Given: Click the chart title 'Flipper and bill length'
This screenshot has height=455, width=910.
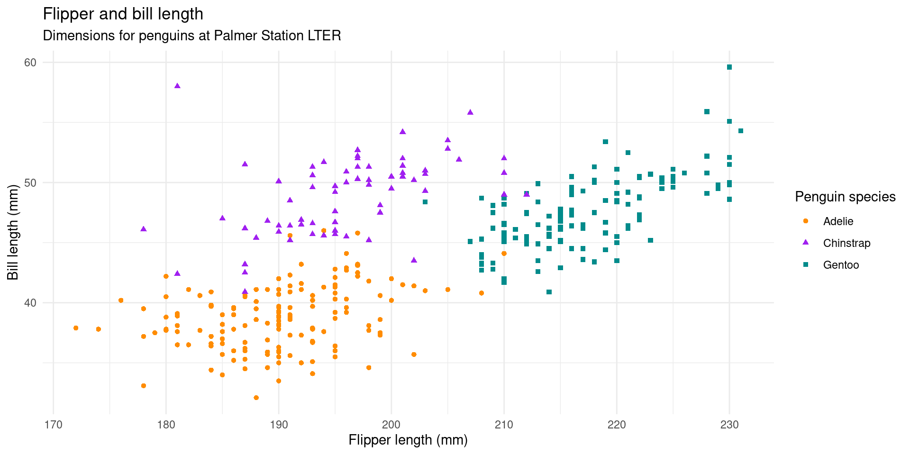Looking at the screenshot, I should pos(123,14).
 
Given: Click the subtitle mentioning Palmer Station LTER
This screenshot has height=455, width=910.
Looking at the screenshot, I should pos(192,36).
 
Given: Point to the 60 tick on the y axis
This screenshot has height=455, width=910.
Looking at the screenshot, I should pos(30,63).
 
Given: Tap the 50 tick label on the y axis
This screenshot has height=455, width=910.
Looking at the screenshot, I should pos(30,183).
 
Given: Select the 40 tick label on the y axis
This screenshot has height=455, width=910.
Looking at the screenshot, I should pos(30,303).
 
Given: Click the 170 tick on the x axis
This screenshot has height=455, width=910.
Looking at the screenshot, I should pos(53,425).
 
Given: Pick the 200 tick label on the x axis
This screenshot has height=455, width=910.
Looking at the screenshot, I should pos(391,425).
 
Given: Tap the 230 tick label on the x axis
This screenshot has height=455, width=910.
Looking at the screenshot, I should pos(729,425).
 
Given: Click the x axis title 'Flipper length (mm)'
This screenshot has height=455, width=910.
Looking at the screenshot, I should pos(408,440).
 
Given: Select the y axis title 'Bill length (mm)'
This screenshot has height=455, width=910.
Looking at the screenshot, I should pos(13,232).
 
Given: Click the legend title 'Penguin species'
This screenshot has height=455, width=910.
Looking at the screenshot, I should pos(845,197).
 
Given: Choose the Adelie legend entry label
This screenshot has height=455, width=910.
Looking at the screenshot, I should pos(838,221).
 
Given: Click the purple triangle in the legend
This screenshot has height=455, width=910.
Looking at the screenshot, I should pos(805,243).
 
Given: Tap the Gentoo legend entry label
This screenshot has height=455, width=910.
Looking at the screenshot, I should pos(841,265).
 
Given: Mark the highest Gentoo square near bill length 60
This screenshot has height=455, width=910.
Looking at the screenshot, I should pos(729,67).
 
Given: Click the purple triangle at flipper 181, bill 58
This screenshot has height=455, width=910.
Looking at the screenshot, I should pos(177,86).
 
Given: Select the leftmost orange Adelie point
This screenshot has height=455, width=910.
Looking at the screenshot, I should pos(76,328).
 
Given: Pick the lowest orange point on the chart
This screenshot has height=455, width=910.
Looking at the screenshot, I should pos(256,398).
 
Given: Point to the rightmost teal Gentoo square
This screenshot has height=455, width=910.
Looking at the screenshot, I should pos(741,131).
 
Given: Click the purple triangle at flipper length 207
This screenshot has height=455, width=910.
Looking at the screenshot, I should pos(470,112).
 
